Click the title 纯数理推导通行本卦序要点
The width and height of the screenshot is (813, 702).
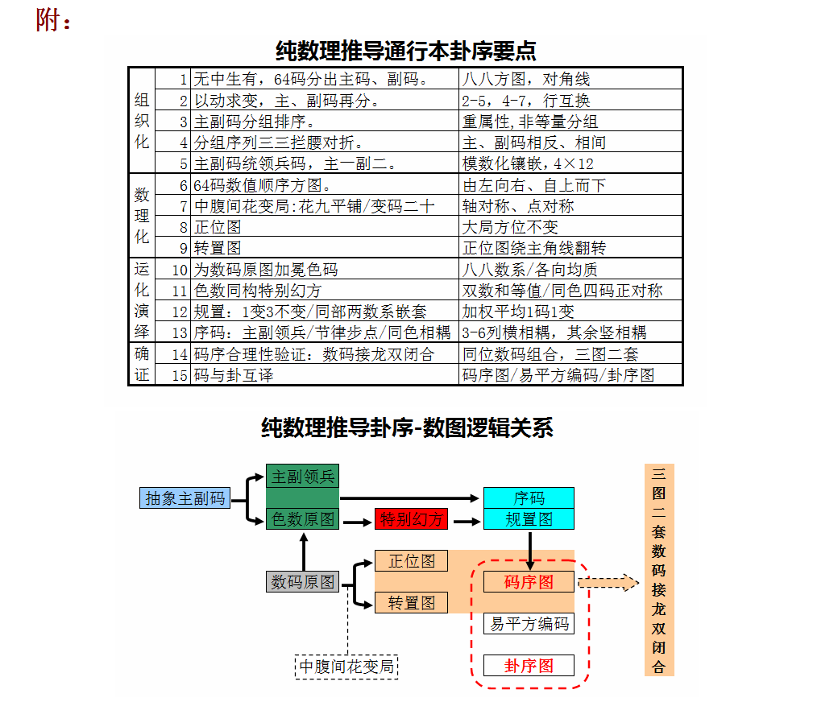[405, 51]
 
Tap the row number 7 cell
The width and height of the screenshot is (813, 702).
[172, 205]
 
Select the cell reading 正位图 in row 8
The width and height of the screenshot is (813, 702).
[325, 226]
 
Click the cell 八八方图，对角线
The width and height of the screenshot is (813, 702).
[570, 79]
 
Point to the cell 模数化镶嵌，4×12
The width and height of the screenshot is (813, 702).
[570, 163]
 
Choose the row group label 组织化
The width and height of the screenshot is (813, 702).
[142, 121]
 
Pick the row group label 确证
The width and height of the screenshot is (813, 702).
[142, 364]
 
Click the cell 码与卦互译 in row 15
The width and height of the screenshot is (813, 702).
[325, 374]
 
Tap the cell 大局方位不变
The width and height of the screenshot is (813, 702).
[570, 226]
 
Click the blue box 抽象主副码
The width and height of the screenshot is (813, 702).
[185, 498]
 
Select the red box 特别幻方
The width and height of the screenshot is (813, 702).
[411, 518]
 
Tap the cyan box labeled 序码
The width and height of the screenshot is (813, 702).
[529, 498]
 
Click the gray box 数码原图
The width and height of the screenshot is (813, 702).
[302, 581]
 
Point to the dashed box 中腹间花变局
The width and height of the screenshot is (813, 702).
[346, 667]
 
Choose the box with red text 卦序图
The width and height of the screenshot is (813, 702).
[529, 665]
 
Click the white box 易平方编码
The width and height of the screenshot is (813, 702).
[529, 623]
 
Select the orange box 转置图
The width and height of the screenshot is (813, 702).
[411, 602]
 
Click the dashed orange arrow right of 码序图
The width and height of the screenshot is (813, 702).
[608, 582]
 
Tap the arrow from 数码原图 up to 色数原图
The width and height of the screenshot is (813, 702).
[304, 551]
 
